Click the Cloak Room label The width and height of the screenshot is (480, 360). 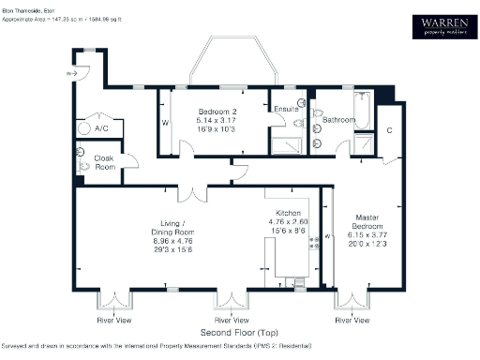click(x=105, y=162)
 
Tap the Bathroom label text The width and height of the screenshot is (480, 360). click(x=338, y=120)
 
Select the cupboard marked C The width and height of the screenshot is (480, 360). click(x=388, y=131)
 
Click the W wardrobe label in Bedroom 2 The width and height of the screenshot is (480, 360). click(x=165, y=123)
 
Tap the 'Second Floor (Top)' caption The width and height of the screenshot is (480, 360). click(x=236, y=333)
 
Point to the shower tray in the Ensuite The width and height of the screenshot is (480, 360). click(x=283, y=144)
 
